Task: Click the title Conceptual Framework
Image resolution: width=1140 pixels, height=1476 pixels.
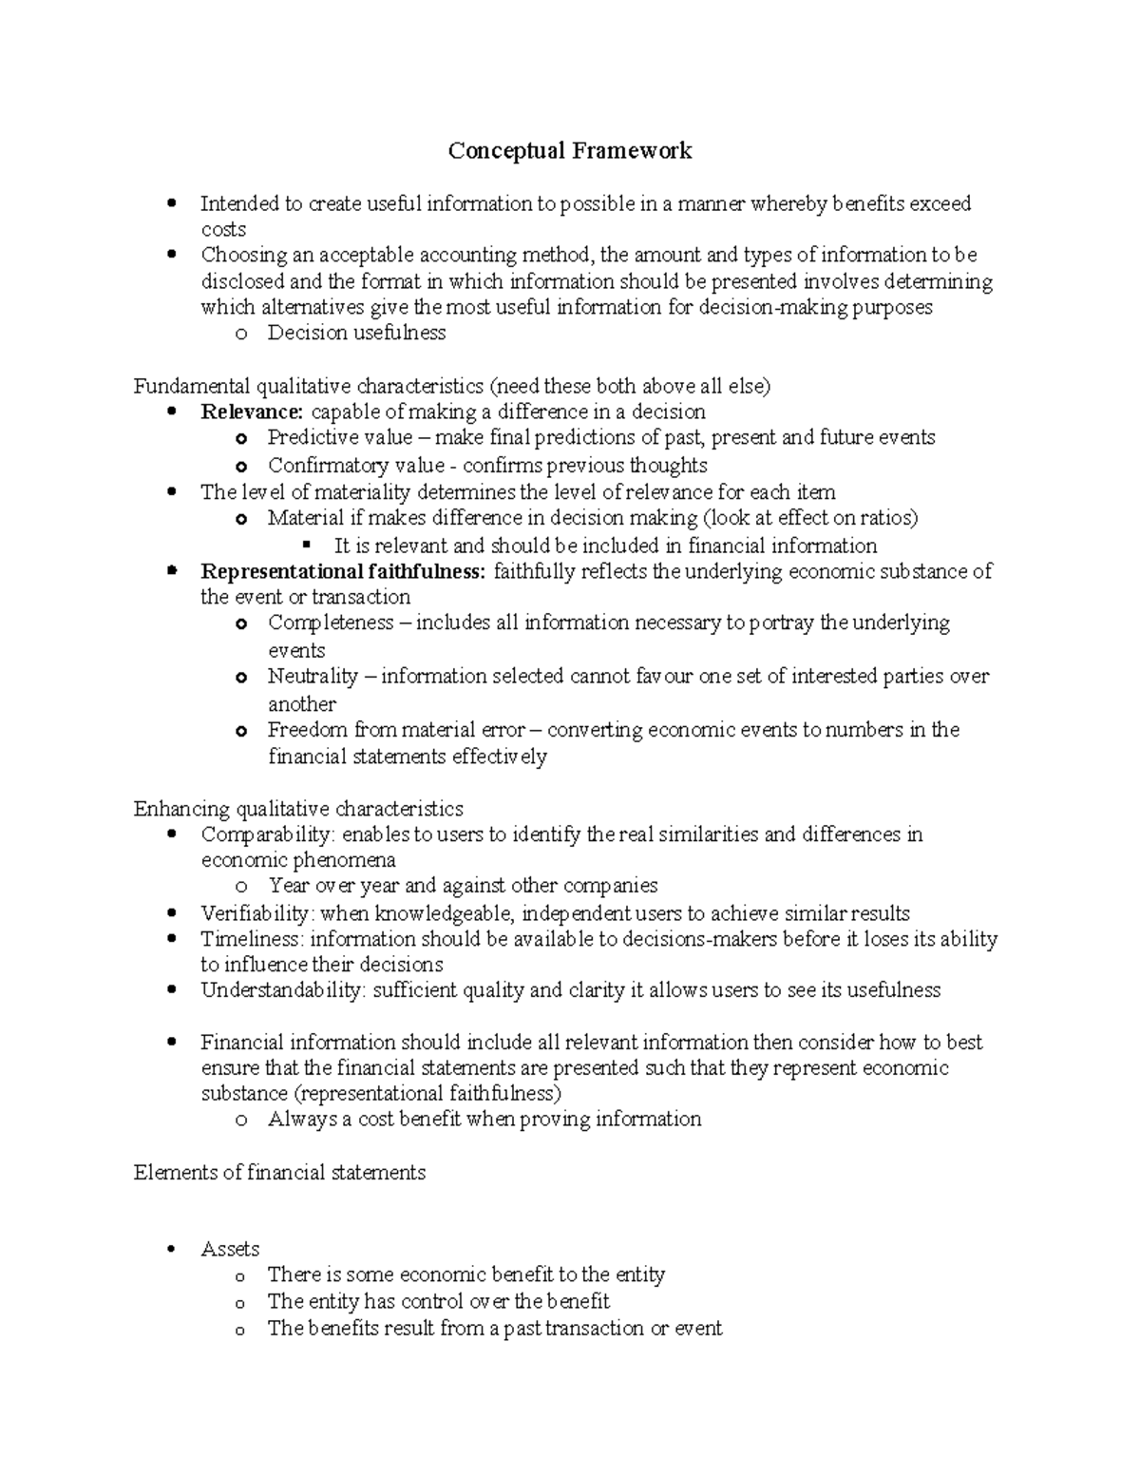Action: coord(570,151)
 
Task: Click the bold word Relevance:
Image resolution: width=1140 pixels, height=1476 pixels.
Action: coord(252,412)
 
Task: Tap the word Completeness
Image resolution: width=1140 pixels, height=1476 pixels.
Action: coord(330,623)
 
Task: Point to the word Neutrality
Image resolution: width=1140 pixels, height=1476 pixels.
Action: coord(313,677)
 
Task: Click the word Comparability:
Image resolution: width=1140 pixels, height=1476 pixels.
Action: coord(268,834)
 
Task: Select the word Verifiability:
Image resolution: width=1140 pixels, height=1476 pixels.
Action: coord(257,913)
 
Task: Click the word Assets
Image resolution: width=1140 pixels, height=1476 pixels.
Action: coord(230,1249)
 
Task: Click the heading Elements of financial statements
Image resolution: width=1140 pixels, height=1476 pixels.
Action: coord(279,1173)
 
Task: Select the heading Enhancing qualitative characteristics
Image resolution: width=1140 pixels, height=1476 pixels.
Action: coord(298,809)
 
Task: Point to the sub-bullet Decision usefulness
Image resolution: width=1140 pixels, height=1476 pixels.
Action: coord(356,333)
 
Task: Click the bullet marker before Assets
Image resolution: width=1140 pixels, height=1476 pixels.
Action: coord(171,1249)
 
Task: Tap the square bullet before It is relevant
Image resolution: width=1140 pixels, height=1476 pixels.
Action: coord(306,546)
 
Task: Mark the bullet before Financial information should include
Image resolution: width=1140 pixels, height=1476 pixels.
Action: coord(171,1043)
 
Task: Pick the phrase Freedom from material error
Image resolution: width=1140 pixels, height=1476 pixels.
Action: coord(396,730)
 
